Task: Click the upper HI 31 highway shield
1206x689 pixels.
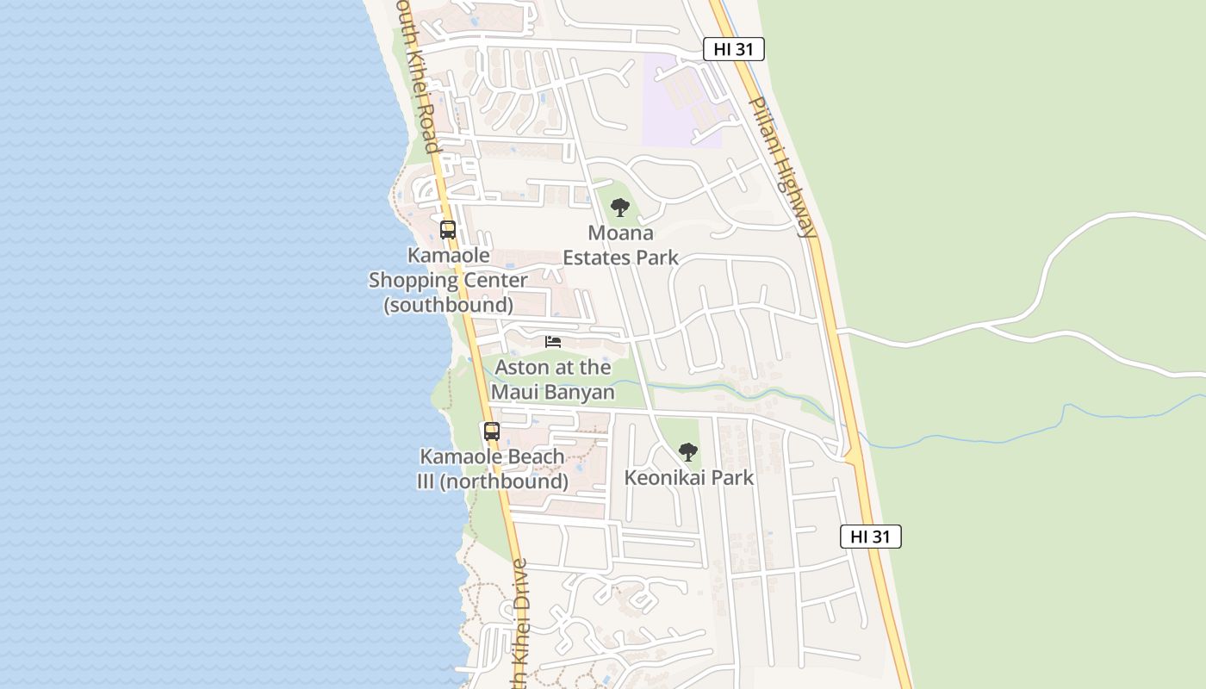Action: [733, 49]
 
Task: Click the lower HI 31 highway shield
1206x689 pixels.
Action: [870, 537]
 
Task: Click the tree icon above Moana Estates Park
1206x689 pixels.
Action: [619, 208]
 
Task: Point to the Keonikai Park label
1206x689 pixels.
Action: [688, 477]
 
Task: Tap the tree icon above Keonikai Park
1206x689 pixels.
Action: [687, 451]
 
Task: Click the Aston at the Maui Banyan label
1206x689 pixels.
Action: [553, 380]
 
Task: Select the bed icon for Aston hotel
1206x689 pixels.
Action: [553, 342]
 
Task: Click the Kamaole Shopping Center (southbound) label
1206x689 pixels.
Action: [448, 280]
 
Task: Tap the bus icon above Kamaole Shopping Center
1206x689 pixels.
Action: [448, 230]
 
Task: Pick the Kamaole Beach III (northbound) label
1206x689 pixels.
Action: [492, 469]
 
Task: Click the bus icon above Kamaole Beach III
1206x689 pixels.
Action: [492, 431]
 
